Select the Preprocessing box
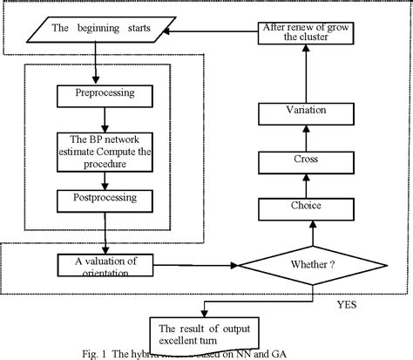pyautogui.click(x=105, y=92)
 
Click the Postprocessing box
pyautogui.click(x=105, y=200)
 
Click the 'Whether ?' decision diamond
pyautogui.click(x=310, y=262)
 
